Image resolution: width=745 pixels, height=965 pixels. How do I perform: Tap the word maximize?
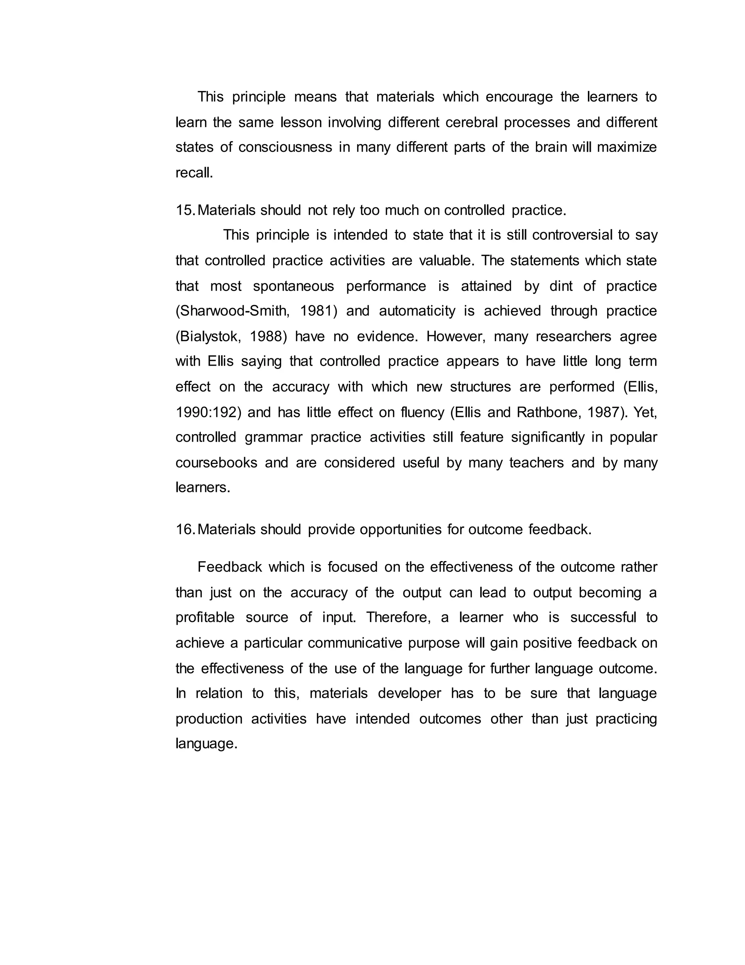pos(627,147)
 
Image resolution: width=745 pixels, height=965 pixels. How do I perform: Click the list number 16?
pos(184,529)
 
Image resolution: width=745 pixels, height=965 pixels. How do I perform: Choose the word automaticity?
pos(417,311)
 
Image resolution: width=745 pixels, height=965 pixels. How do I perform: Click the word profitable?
pos(205,618)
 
